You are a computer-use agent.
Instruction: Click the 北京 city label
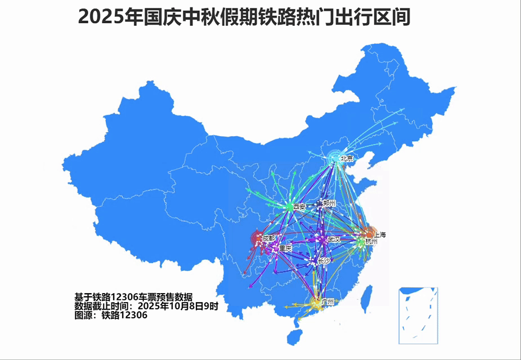(x=347, y=159)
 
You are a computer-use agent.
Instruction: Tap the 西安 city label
(x=299, y=207)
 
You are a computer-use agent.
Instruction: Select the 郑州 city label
(x=329, y=202)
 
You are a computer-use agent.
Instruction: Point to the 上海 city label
(x=380, y=234)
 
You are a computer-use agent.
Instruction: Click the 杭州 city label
(x=371, y=242)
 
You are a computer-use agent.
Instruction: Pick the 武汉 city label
(x=334, y=240)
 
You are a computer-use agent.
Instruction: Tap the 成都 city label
(x=269, y=238)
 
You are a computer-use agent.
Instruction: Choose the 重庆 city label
(x=285, y=248)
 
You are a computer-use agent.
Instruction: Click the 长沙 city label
(x=325, y=262)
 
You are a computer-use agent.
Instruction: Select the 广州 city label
(x=327, y=302)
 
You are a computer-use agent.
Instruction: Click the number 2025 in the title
(x=101, y=17)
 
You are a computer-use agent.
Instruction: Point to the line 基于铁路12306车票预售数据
(x=134, y=297)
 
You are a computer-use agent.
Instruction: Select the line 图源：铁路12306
(x=111, y=316)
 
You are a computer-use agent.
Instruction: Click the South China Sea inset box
(x=418, y=316)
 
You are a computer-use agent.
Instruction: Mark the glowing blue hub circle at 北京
(x=336, y=159)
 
